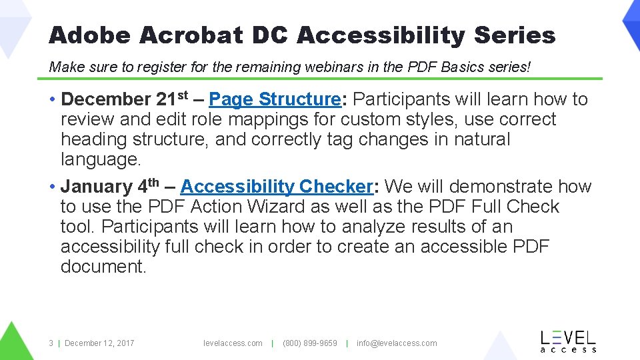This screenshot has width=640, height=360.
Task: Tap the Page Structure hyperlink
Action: (x=275, y=99)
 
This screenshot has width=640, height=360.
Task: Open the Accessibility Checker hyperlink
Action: (x=275, y=187)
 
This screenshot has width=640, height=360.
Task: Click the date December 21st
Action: (x=126, y=99)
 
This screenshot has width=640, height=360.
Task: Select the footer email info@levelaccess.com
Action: (x=397, y=343)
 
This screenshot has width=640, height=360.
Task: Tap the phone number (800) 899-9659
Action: (x=310, y=343)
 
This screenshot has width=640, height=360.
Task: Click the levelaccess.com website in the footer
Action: (x=233, y=343)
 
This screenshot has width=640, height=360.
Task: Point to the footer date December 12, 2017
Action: (x=99, y=343)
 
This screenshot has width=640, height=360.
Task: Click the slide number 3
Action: (x=51, y=343)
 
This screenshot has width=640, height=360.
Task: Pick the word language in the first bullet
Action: (x=101, y=160)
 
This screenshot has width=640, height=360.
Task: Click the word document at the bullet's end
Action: (x=103, y=267)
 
